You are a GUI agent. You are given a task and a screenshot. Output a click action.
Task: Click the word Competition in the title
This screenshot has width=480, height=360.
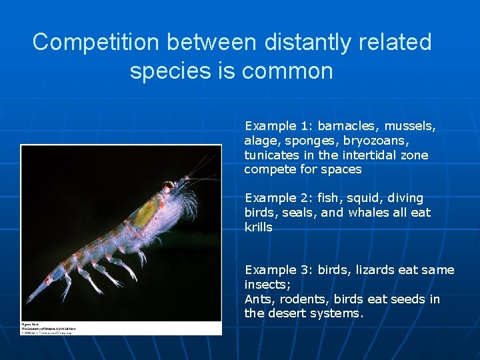click(96, 42)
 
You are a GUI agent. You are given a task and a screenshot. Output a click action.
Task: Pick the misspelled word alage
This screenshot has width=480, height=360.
click(262, 141)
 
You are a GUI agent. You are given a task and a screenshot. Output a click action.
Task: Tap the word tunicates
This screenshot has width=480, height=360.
click(270, 155)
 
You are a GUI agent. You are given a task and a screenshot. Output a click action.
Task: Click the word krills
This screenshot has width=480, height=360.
click(259, 227)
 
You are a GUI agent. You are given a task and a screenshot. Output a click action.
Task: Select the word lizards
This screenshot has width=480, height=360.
click(375, 270)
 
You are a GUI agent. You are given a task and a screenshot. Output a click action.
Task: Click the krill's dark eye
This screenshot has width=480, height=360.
click(168, 185)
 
